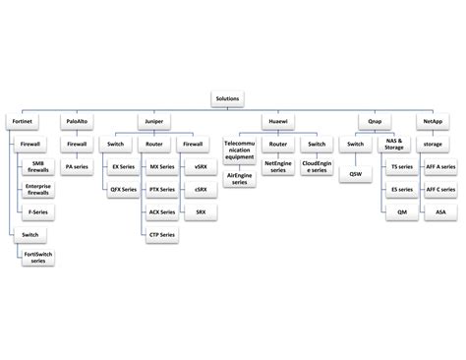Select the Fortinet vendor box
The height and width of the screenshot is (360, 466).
22,122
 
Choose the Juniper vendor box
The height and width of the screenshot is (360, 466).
155,122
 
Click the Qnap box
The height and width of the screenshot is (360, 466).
375,122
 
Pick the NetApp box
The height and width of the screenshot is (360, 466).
433,122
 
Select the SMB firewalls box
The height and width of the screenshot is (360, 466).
38,166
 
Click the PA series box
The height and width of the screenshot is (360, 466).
76,167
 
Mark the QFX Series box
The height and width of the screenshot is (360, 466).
123,190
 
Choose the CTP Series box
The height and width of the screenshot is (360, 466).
162,235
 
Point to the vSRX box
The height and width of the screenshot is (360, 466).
201,167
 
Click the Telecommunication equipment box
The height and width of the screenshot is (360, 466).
239,149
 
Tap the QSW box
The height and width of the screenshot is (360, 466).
355,174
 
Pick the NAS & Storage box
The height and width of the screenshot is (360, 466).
394,146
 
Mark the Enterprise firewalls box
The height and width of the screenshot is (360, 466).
38,190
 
